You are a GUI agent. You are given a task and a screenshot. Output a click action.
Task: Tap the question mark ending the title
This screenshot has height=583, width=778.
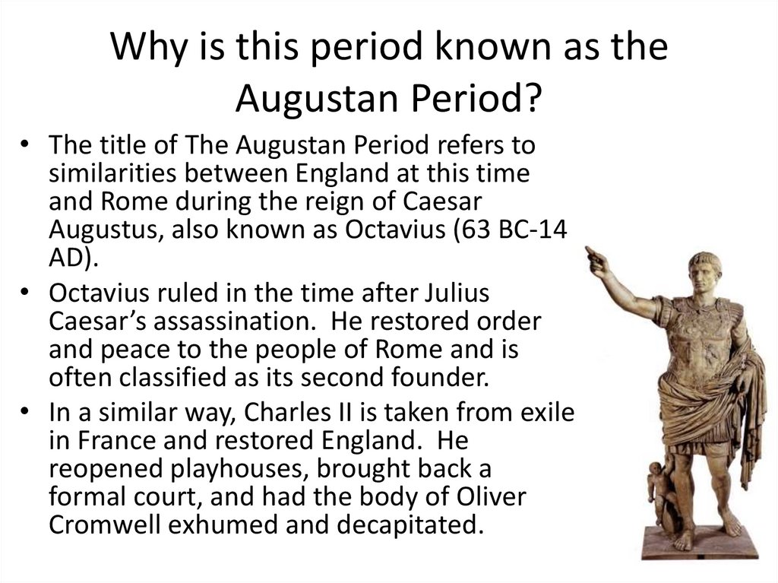532,97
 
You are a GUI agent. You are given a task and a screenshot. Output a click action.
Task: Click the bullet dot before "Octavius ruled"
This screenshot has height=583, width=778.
27,294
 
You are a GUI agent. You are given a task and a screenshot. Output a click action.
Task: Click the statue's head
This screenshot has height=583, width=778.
704,271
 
